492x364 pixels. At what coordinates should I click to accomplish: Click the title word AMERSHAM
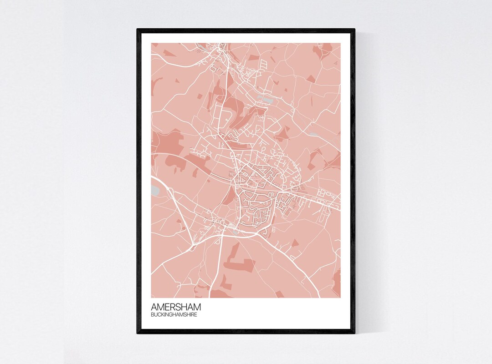[x=175, y=307]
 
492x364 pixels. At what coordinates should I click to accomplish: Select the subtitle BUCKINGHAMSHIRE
[x=174, y=315]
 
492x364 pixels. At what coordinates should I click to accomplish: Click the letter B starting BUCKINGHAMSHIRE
[x=153, y=315]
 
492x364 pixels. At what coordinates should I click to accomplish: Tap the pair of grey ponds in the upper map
[x=266, y=97]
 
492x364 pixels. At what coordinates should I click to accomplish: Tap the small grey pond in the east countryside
[x=313, y=135]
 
